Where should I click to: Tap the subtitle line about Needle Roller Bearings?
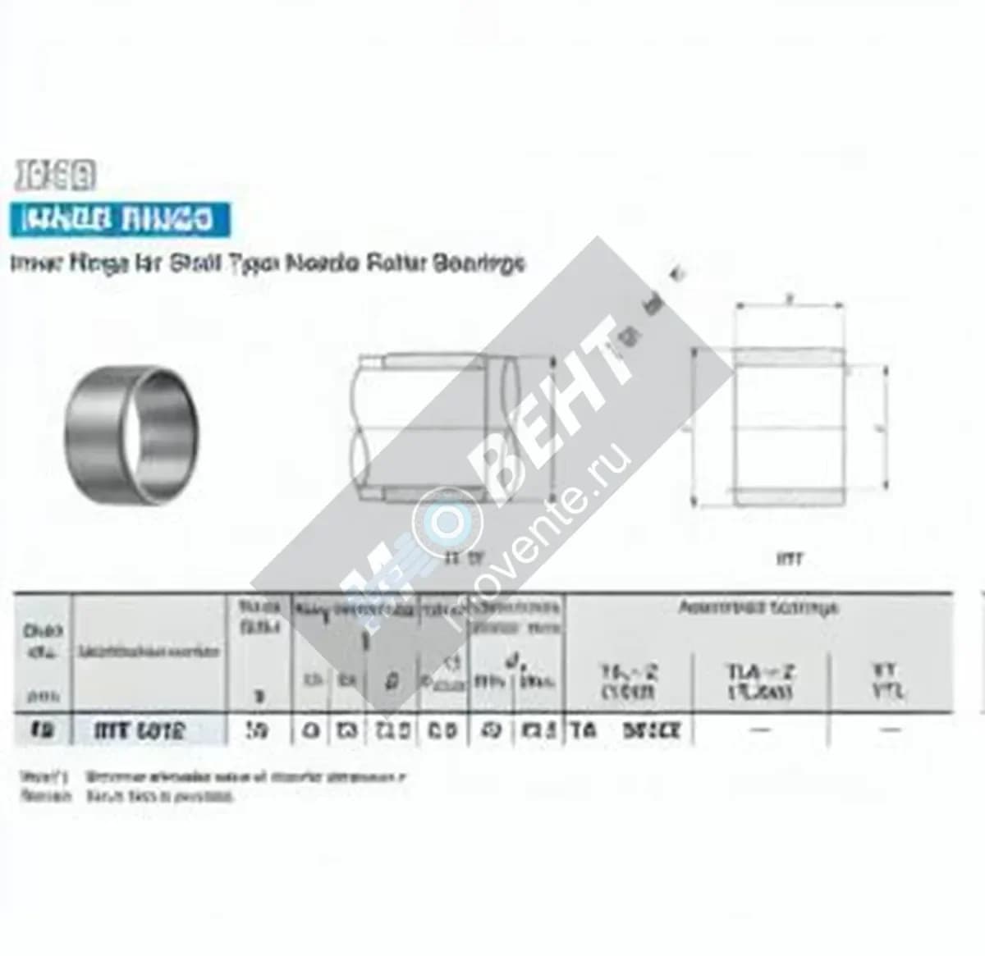[x=267, y=263]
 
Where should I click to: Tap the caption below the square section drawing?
[x=789, y=560]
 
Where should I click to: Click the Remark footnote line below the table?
[x=127, y=796]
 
